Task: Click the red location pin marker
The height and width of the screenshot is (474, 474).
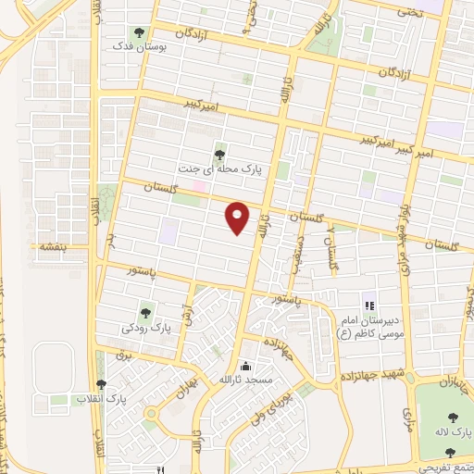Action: (238, 218)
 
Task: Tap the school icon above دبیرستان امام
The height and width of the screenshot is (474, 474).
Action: (368, 305)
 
